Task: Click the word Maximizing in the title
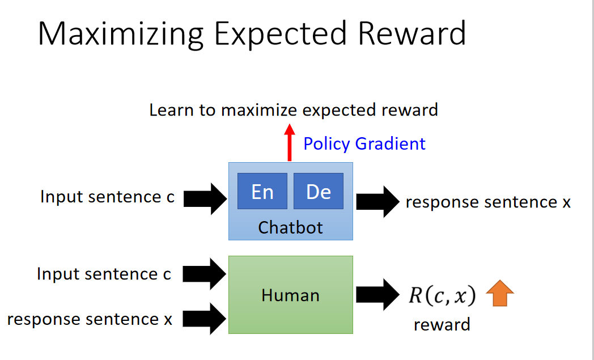pos(121,35)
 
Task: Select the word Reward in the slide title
pos(412,33)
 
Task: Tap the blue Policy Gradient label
pos(364,144)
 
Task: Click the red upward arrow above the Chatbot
pos(290,142)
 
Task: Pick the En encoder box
pos(262,191)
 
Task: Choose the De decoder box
pos(319,191)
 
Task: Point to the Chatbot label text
pos(291,228)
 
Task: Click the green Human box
pos(291,295)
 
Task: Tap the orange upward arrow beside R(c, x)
pos(500,293)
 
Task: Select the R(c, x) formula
pos(442,295)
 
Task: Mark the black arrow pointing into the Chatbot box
pos(205,199)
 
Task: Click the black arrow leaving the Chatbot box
pos(377,202)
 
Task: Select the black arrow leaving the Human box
pos(377,295)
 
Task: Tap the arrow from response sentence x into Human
pos(205,319)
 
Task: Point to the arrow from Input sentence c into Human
pos(205,274)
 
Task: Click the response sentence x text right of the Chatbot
pos(488,202)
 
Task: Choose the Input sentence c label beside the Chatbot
pos(107,197)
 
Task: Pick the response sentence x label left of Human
pos(90,319)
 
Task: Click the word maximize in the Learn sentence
pos(259,111)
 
